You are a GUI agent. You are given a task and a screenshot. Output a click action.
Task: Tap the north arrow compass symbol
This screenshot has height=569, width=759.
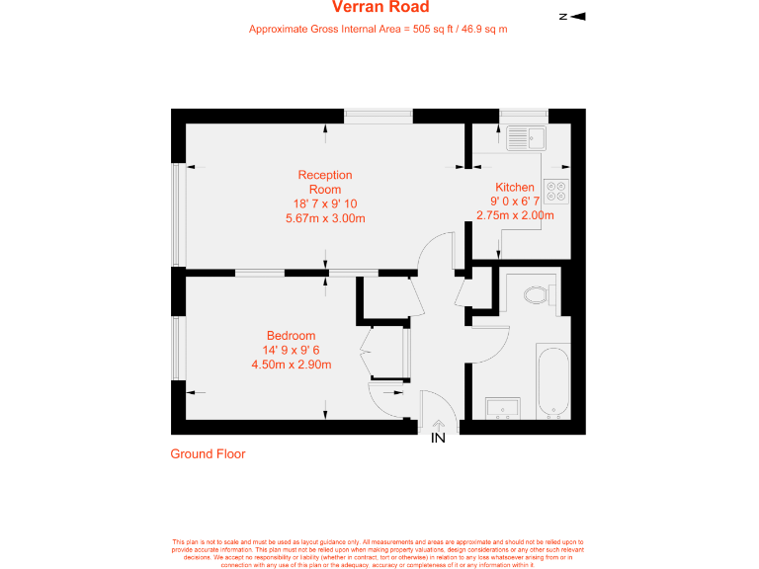tap(572, 16)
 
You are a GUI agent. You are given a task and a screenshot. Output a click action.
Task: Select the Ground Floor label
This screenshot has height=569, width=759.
tap(208, 454)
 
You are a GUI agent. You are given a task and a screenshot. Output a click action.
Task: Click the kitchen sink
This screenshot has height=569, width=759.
tap(526, 138)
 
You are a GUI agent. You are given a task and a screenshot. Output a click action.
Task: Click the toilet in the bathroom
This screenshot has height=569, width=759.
tap(538, 294)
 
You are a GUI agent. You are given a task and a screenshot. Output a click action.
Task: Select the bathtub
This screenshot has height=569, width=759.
tap(552, 379)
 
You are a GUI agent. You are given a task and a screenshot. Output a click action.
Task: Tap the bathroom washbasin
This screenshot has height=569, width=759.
tap(504, 408)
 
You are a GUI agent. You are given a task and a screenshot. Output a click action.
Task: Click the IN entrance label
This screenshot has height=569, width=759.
tap(438, 438)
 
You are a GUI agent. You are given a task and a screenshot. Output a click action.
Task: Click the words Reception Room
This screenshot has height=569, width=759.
tap(325, 182)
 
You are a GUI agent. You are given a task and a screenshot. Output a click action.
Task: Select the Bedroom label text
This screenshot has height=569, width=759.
tap(291, 336)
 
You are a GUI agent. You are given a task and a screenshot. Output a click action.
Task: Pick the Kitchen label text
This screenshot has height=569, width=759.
tap(515, 187)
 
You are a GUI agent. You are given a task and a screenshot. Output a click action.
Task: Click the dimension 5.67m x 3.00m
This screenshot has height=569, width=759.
tap(325, 218)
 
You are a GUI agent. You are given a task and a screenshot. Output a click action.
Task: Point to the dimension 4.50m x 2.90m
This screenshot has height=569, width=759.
tap(291, 365)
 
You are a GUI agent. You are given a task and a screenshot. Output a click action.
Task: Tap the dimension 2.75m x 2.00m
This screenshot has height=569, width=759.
tap(515, 215)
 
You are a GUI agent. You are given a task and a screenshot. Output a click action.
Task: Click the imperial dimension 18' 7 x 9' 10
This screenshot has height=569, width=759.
tap(325, 203)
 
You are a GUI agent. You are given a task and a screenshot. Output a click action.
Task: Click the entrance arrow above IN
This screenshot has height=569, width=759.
tap(438, 425)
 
